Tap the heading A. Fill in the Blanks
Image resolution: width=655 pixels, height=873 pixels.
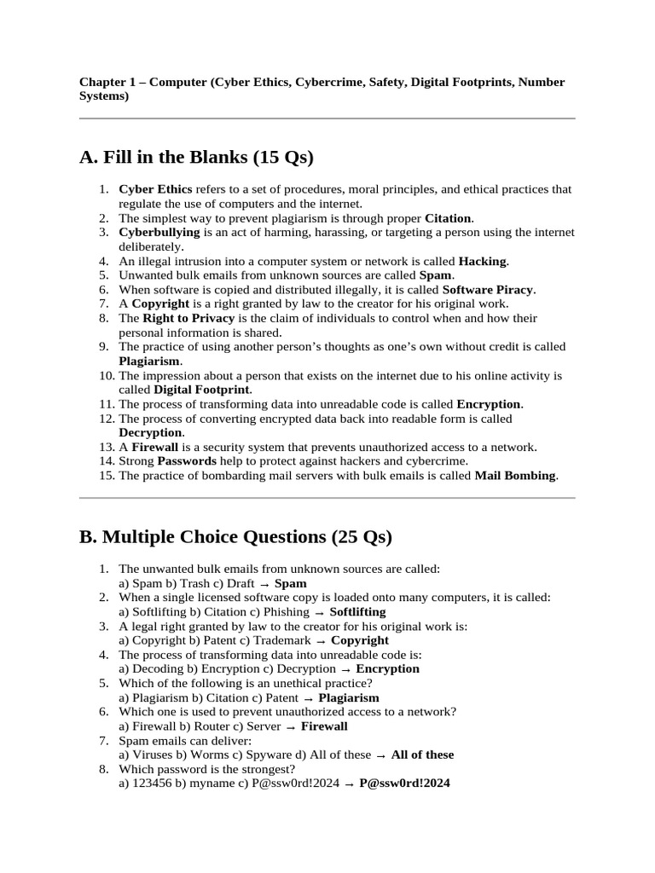[x=196, y=157]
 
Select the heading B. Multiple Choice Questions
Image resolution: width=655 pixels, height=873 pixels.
[x=235, y=537]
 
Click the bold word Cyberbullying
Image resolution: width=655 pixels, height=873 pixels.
[x=159, y=232]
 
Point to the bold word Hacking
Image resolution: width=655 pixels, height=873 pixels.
[x=483, y=261]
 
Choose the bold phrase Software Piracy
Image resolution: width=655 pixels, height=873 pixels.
[x=488, y=290]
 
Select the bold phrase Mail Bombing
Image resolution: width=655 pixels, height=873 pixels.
[x=515, y=476]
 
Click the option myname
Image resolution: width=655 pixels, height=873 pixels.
[x=206, y=783]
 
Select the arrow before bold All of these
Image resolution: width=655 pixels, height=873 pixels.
[x=381, y=755]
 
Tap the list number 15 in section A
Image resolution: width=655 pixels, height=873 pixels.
[x=106, y=476]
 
